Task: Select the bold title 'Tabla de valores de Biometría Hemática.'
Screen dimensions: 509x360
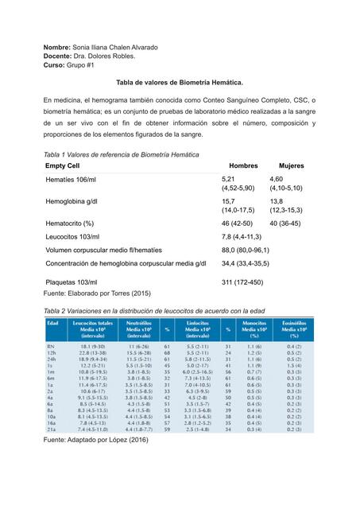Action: [x=180, y=82]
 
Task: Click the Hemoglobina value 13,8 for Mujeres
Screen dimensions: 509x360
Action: [x=277, y=203]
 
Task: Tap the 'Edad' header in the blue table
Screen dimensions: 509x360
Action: [x=53, y=324]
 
